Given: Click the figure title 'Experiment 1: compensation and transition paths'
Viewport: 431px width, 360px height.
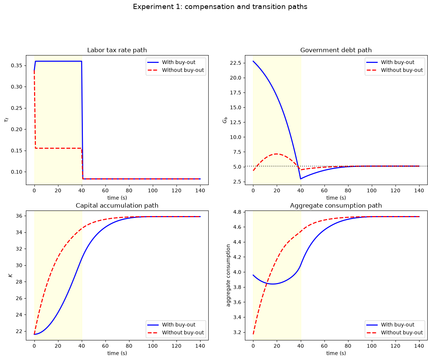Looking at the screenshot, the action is [220, 7].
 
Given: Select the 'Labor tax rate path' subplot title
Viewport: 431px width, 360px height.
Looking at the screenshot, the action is [117, 50].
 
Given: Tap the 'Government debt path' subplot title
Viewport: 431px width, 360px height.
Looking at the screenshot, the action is [336, 50].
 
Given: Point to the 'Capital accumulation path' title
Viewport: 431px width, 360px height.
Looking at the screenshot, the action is [117, 206].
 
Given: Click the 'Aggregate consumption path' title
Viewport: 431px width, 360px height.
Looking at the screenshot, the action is [336, 206].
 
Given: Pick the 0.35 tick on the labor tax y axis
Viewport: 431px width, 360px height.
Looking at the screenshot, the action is [17, 66].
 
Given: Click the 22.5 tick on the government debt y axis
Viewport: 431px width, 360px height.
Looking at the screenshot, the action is [236, 63].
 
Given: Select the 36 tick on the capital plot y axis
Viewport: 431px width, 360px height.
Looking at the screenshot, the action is [19, 216].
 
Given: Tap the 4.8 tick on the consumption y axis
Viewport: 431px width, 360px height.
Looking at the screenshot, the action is [237, 212].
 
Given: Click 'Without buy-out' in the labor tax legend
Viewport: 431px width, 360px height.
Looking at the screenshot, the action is [183, 70].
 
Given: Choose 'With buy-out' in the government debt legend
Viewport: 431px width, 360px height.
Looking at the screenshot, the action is [397, 62].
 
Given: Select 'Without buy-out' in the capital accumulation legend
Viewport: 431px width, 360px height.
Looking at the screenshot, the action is [183, 333].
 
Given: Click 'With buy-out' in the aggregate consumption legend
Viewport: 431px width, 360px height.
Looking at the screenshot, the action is [397, 324].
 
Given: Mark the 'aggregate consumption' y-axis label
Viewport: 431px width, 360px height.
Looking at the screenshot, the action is [228, 275].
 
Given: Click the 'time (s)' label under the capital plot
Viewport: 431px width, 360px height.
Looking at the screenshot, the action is [117, 353].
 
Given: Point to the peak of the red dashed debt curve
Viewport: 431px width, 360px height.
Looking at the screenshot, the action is [276, 154].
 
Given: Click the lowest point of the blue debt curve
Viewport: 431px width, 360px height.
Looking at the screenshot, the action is [301, 179].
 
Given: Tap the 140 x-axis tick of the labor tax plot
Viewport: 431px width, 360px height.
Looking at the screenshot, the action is [200, 191].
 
